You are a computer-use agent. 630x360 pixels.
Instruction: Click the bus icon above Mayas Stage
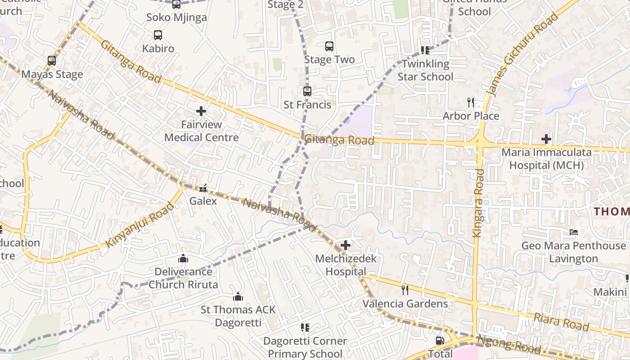tap(52, 61)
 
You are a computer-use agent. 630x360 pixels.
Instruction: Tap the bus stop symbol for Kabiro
tap(157, 35)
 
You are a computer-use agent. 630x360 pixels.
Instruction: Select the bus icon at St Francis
tap(307, 91)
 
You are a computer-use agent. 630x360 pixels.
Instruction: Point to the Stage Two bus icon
tap(329, 46)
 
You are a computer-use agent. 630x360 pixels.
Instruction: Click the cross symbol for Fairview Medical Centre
tap(201, 111)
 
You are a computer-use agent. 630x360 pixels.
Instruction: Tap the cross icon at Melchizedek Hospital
tap(346, 245)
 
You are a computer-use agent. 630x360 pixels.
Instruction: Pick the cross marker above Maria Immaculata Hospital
tap(546, 139)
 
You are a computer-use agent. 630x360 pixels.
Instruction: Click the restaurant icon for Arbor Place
tap(471, 103)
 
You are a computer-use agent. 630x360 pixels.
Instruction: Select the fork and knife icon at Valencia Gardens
tap(405, 290)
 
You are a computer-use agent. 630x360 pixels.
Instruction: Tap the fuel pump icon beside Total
tap(440, 341)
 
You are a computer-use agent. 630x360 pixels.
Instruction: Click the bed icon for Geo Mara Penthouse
tap(574, 232)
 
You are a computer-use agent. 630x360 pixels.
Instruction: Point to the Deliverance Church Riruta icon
tap(183, 258)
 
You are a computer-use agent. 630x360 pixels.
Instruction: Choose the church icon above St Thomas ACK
tap(238, 297)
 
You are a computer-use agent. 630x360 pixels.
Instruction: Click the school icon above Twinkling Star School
tap(425, 50)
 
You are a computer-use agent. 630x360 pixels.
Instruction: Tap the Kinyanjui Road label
tap(139, 225)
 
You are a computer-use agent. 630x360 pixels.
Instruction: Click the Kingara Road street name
tap(478, 202)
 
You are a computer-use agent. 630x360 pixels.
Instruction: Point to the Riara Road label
tap(561, 322)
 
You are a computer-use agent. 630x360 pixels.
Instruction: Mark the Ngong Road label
tap(509, 345)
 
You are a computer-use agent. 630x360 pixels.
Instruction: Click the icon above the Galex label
tap(203, 188)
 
